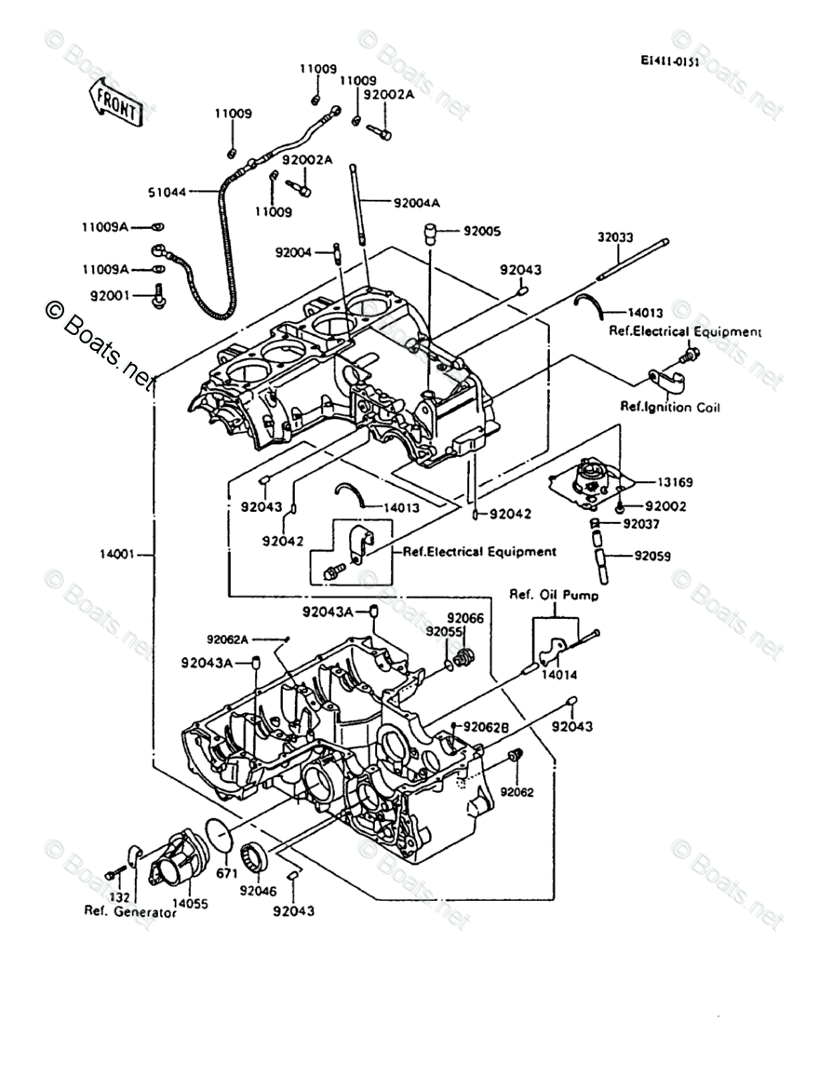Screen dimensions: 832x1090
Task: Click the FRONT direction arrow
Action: [114, 101]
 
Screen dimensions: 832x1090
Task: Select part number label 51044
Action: [167, 192]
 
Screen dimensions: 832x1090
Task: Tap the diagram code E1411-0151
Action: [669, 61]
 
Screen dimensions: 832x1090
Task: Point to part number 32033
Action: [615, 237]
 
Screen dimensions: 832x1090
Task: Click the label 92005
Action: [482, 231]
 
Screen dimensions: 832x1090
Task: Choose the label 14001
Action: [117, 555]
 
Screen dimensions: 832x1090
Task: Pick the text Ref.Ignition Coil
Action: [670, 407]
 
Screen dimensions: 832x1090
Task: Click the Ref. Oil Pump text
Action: [554, 595]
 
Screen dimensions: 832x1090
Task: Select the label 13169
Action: [674, 482]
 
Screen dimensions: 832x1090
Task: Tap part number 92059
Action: [652, 556]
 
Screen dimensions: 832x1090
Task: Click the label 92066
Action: [465, 618]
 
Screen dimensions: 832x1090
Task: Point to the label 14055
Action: [190, 904]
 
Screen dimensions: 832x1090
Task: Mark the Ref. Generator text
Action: [130, 911]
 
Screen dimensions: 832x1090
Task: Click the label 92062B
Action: [487, 727]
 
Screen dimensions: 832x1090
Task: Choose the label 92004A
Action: [417, 203]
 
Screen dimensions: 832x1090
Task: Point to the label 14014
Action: [558, 674]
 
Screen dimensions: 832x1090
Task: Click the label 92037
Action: [641, 523]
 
